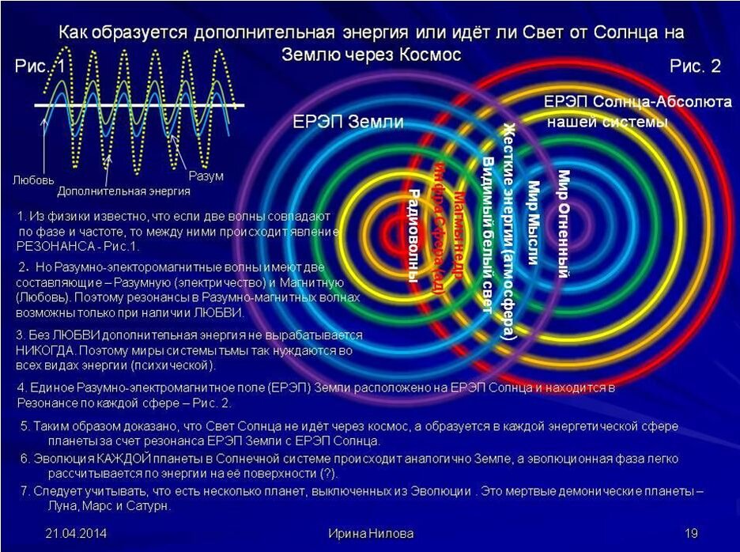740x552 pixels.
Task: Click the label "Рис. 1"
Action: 40,66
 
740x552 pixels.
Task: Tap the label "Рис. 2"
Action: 695,66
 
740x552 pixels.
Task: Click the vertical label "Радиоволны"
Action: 413,235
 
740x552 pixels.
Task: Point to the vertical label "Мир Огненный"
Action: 564,224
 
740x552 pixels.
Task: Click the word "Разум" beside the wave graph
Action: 206,175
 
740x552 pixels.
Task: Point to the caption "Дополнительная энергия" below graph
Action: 123,191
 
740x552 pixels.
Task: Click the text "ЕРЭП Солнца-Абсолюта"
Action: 617,104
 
